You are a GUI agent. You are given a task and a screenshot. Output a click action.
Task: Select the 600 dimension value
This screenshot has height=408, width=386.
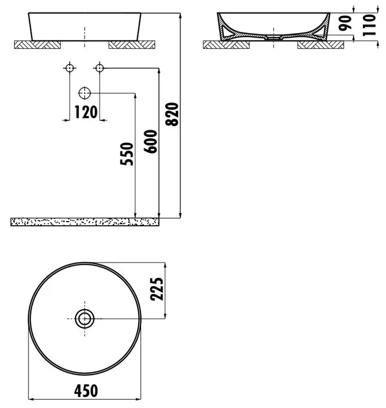click(x=150, y=141)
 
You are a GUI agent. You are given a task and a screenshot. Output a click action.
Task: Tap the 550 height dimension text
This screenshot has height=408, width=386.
click(x=127, y=154)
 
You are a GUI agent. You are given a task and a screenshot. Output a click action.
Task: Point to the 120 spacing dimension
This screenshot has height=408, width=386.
click(x=86, y=112)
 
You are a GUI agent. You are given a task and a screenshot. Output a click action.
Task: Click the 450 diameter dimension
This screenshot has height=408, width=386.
click(x=86, y=391)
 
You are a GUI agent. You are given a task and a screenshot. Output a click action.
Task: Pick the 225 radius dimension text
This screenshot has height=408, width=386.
click(x=157, y=289)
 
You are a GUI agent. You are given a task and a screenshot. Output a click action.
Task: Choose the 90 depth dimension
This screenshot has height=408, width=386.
click(x=346, y=23)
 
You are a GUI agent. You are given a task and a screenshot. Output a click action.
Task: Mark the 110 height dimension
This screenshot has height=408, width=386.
click(x=369, y=25)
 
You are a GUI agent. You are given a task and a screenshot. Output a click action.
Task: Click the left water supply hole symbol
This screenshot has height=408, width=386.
click(x=70, y=68)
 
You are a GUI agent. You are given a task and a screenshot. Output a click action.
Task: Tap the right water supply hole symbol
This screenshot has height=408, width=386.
click(x=100, y=68)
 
